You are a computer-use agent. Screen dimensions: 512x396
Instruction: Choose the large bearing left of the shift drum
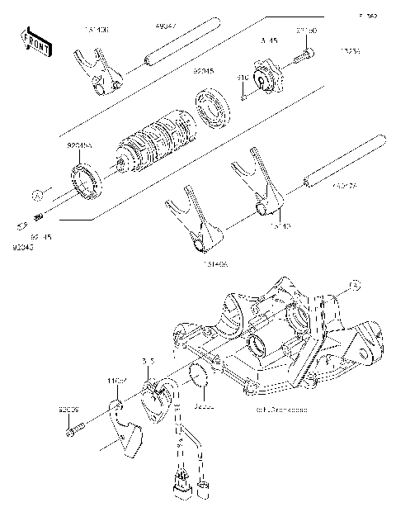(x=85, y=180)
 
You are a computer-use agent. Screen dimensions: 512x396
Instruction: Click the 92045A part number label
(x=79, y=145)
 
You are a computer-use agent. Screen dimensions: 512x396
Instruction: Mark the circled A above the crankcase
(x=354, y=283)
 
